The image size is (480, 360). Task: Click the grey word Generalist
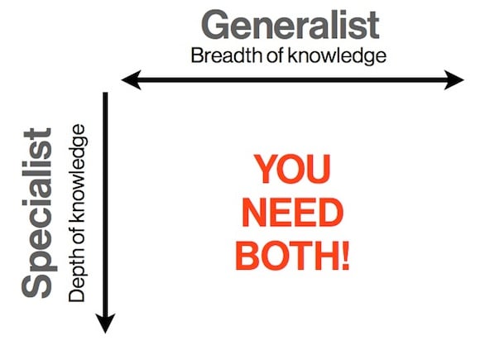click(x=290, y=25)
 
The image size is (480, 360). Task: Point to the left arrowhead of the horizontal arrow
click(x=131, y=80)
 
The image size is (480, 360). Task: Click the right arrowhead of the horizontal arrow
click(x=454, y=80)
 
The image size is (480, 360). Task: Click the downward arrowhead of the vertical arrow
click(x=105, y=324)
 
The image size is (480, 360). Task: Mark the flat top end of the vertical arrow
click(x=105, y=93)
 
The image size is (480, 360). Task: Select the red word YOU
click(x=292, y=169)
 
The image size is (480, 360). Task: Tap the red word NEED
click(x=292, y=212)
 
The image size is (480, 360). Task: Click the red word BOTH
click(x=288, y=256)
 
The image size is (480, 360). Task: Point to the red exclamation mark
click(x=346, y=256)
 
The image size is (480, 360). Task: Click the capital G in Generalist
click(x=216, y=25)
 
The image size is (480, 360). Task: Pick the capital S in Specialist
click(x=36, y=285)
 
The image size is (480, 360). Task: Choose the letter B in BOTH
click(x=247, y=256)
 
